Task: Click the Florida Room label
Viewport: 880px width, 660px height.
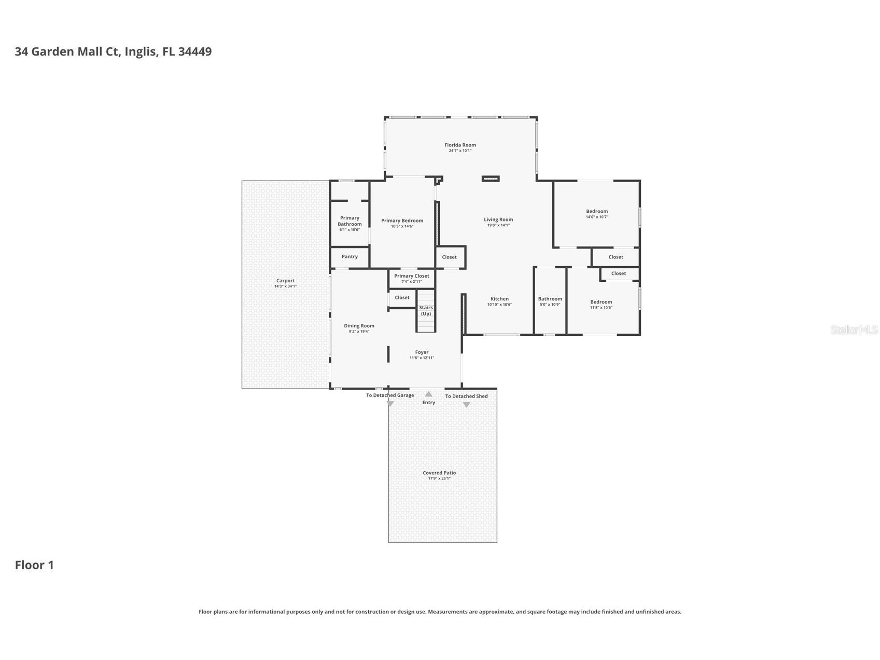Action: click(460, 145)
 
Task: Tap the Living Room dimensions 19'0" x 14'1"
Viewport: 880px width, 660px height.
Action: click(498, 226)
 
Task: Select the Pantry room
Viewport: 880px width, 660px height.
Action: click(350, 257)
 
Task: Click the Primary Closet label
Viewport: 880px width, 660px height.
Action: click(411, 276)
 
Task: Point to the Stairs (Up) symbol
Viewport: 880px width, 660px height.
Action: click(426, 311)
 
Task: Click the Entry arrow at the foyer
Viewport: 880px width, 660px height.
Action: click(428, 394)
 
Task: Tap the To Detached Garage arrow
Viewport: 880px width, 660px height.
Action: click(390, 403)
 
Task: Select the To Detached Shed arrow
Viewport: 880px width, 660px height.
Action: click(466, 405)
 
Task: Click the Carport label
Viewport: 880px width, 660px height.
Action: click(285, 281)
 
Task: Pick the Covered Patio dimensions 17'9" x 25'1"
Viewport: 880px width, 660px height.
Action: click(439, 479)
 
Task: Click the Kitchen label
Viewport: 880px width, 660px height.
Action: click(499, 299)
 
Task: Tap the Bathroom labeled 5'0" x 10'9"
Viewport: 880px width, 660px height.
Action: click(550, 301)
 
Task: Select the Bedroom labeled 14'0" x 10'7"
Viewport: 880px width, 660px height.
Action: click(597, 214)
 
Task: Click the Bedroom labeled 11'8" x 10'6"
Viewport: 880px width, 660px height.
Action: click(601, 305)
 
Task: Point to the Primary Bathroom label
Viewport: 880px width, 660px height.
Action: click(350, 221)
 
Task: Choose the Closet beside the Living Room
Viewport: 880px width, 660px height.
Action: click(449, 257)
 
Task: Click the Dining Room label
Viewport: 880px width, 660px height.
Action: click(359, 326)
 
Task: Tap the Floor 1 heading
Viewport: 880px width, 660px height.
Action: click(34, 565)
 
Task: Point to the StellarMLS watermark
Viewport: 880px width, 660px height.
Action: click(854, 329)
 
